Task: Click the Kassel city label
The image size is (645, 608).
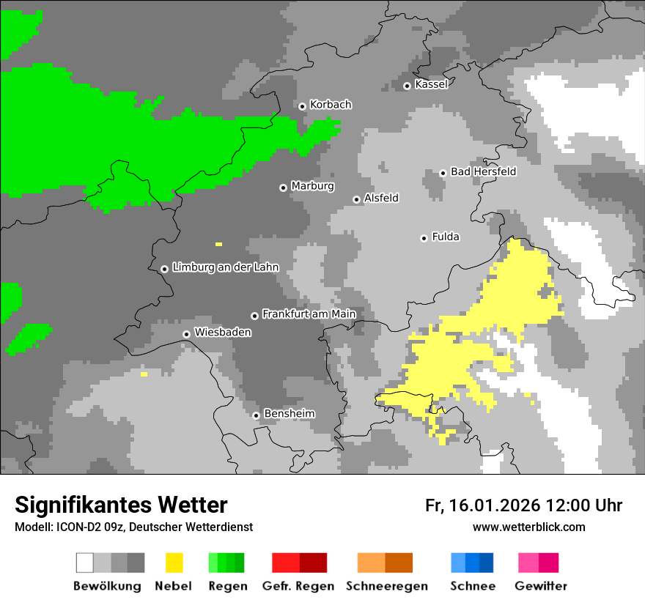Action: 431,84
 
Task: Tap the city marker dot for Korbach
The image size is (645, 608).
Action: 302,106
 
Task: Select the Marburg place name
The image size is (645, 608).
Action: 312,186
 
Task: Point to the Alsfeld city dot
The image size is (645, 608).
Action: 356,199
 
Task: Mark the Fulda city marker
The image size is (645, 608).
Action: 424,238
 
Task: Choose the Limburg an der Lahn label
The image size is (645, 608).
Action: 225,267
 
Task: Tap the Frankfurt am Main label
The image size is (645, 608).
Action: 309,314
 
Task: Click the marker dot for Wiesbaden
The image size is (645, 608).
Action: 186,334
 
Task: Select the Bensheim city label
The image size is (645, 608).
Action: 289,414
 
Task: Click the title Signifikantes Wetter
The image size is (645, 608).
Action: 121,505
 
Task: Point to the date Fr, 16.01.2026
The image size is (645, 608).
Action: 482,505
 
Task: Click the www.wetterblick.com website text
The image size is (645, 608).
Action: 528,527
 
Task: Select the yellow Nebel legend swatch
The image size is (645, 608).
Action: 174,563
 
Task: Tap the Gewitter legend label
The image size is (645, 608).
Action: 540,586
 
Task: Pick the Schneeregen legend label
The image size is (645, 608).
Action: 386,586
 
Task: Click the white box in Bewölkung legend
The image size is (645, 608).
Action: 85,563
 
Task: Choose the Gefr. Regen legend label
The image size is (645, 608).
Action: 298,586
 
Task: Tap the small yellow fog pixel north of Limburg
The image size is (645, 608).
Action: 218,244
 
